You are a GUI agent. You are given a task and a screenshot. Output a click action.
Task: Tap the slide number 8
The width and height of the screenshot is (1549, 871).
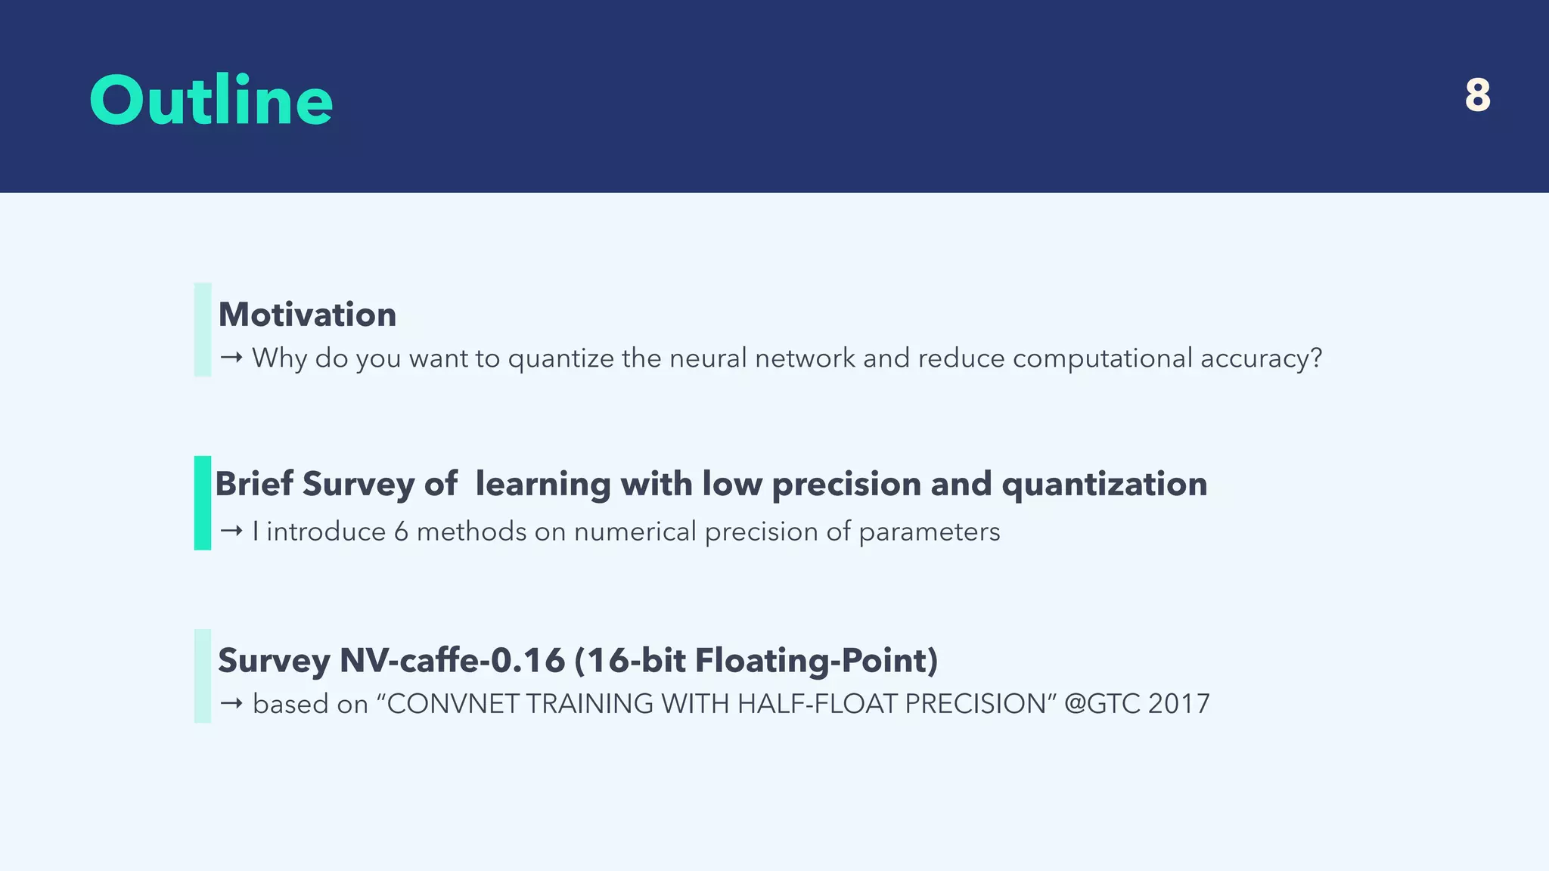[1477, 96]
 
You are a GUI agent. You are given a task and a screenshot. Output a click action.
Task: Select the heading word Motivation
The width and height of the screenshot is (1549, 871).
[307, 315]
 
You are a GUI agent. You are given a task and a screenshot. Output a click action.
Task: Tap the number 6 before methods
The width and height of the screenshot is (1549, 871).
[401, 532]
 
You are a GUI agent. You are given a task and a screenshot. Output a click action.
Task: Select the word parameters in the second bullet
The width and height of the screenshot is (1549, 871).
[929, 532]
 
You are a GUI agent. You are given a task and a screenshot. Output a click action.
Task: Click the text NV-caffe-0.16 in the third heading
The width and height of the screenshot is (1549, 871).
[452, 660]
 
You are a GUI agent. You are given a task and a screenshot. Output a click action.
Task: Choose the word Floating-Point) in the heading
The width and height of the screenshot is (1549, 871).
[816, 660]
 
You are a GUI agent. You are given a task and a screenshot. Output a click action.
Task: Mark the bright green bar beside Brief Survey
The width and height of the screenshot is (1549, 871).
[203, 503]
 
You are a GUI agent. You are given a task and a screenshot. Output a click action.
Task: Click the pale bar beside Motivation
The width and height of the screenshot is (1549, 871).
[203, 330]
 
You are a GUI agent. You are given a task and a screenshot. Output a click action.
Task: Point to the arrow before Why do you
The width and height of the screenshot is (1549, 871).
[231, 358]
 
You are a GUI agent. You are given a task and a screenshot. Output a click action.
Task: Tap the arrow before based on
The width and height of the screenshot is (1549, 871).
[231, 704]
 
